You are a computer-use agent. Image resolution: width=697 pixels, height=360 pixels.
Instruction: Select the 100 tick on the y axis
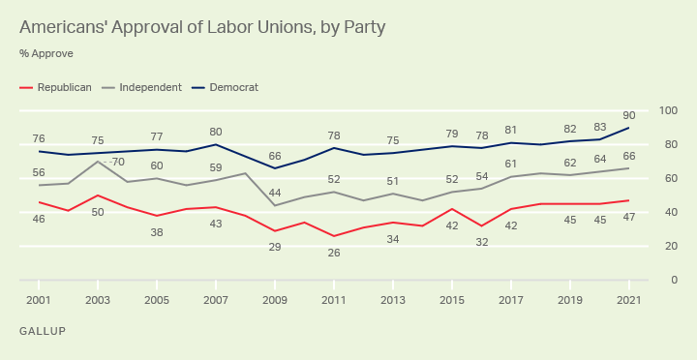coord(667,111)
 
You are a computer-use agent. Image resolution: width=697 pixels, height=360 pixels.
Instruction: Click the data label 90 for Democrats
coord(629,114)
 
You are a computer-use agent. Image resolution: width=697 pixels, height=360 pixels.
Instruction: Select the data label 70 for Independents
coord(118,162)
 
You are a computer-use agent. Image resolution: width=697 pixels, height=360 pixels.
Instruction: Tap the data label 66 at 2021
coord(629,156)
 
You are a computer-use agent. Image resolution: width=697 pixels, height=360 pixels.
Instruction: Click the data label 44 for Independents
coord(276,193)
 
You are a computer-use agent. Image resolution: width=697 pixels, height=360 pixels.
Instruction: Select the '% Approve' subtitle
coord(45,53)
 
